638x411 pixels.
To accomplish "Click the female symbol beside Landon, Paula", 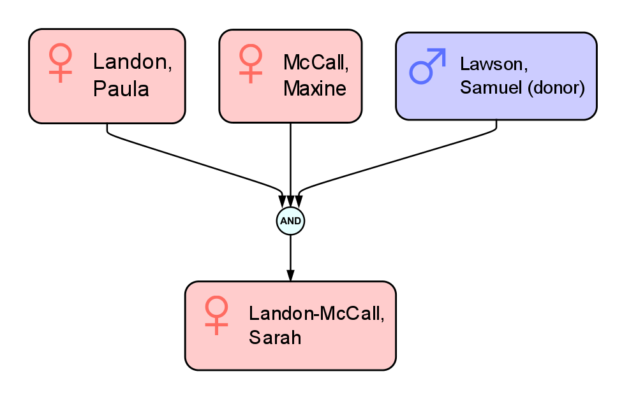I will coord(61,62).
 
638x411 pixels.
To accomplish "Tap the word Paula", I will coord(121,89).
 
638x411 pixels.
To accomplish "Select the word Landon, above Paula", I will coord(132,61).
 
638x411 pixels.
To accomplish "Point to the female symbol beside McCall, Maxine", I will coord(251,62).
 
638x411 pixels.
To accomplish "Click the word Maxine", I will coord(315,89).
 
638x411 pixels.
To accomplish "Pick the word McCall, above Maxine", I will coord(316,62).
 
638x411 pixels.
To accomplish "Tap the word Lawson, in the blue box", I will coord(493,64).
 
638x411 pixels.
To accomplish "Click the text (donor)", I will coord(556,88).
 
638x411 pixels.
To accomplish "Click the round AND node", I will coord(290,221).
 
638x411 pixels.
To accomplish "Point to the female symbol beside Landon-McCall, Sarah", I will coord(216,315).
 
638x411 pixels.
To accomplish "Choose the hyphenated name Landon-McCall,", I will coord(316,313).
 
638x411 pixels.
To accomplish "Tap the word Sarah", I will coord(275,337).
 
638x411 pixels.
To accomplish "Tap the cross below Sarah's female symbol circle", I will coord(216,326).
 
